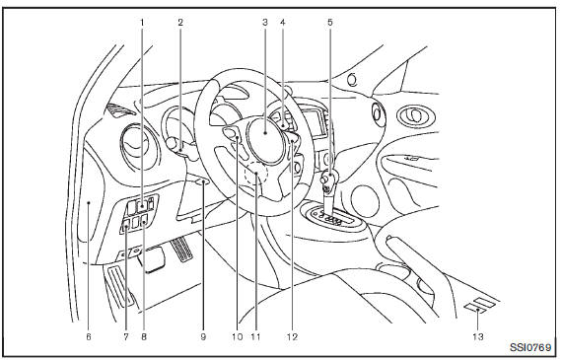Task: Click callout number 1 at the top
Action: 142,22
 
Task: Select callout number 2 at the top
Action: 180,22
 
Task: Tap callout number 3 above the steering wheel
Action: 265,22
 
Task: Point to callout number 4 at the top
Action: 283,22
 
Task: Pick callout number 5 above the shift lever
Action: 330,22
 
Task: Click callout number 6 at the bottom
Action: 89,336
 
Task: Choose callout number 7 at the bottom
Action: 126,336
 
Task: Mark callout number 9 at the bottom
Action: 203,336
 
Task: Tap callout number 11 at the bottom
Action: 255,336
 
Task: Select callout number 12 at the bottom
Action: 292,336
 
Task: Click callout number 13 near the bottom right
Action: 478,336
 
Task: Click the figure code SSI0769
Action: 530,347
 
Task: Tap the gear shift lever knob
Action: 328,179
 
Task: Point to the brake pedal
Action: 152,259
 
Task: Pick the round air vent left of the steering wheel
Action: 139,147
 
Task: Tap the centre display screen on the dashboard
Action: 315,123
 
